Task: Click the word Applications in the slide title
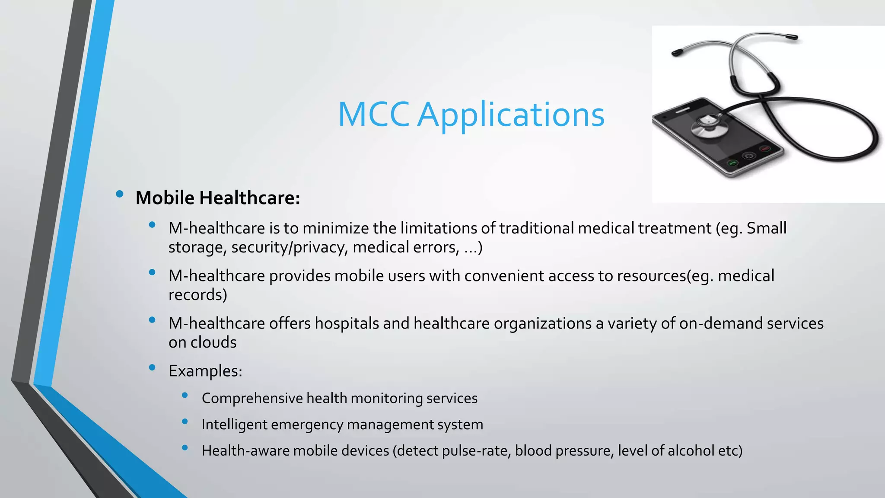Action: [511, 115]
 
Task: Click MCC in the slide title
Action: [373, 115]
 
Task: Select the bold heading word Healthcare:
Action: [249, 198]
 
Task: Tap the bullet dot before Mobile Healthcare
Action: [120, 194]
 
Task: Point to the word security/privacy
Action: [290, 247]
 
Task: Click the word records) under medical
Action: [197, 295]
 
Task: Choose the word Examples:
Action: [205, 371]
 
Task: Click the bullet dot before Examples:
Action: [152, 367]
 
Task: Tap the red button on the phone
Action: [765, 149]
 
